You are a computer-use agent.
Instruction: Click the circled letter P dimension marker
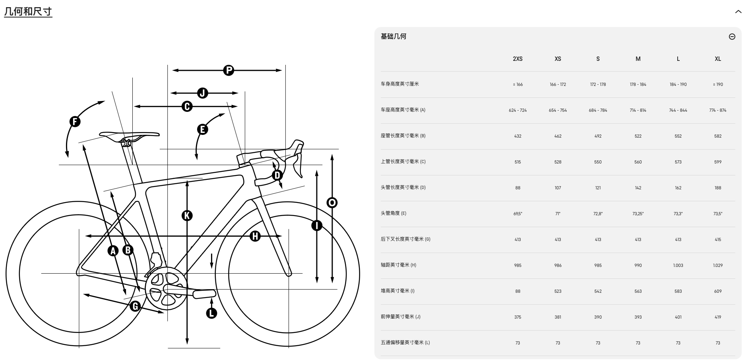229,70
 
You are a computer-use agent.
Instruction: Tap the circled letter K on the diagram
187,216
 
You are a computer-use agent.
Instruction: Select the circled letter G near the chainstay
135,306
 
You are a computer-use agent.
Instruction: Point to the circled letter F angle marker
75,121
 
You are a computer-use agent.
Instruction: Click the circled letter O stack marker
332,203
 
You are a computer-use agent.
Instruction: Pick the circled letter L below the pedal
211,313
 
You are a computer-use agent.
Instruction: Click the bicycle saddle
129,136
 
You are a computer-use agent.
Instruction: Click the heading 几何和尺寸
28,12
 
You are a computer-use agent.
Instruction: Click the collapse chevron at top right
738,12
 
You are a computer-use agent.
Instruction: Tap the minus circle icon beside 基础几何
732,37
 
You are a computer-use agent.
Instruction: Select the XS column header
558,59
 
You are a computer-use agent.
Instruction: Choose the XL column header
717,59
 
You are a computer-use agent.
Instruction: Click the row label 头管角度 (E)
393,213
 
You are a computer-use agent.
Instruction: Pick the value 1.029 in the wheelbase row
717,265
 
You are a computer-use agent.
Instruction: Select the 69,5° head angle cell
517,214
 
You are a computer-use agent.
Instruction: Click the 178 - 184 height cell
638,84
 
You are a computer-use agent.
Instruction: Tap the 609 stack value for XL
717,291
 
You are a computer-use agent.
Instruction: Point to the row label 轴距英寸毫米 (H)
398,265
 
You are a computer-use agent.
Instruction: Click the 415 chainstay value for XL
717,239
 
